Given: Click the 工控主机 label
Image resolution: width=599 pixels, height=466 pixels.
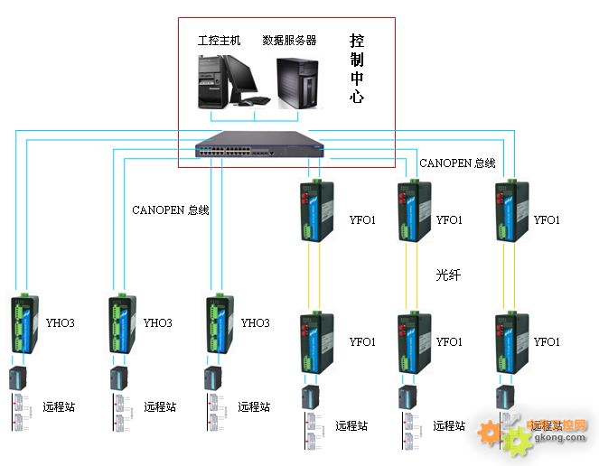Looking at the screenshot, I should pos(219,41).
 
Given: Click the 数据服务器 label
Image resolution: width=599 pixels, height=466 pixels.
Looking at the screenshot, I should pos(289,41).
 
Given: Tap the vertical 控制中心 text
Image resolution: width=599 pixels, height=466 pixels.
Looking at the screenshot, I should pos(357,69).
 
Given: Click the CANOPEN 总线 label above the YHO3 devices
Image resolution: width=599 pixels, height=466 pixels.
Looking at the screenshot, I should pos(171,210).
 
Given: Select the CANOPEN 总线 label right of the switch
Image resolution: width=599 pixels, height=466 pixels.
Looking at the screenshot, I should pos(457,163).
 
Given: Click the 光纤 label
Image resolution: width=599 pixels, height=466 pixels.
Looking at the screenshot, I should pos(448,275).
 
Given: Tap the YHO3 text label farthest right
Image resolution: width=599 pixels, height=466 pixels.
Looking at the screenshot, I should pos(256,322).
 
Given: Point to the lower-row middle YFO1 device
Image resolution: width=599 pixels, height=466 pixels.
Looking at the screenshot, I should pos(409,343).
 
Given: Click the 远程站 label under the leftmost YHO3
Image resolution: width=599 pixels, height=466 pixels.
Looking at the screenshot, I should pos(59,406).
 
